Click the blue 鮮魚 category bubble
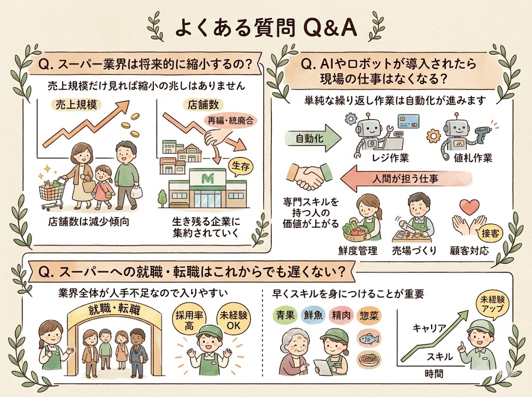pos(313,314)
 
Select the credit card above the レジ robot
pos(408,122)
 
